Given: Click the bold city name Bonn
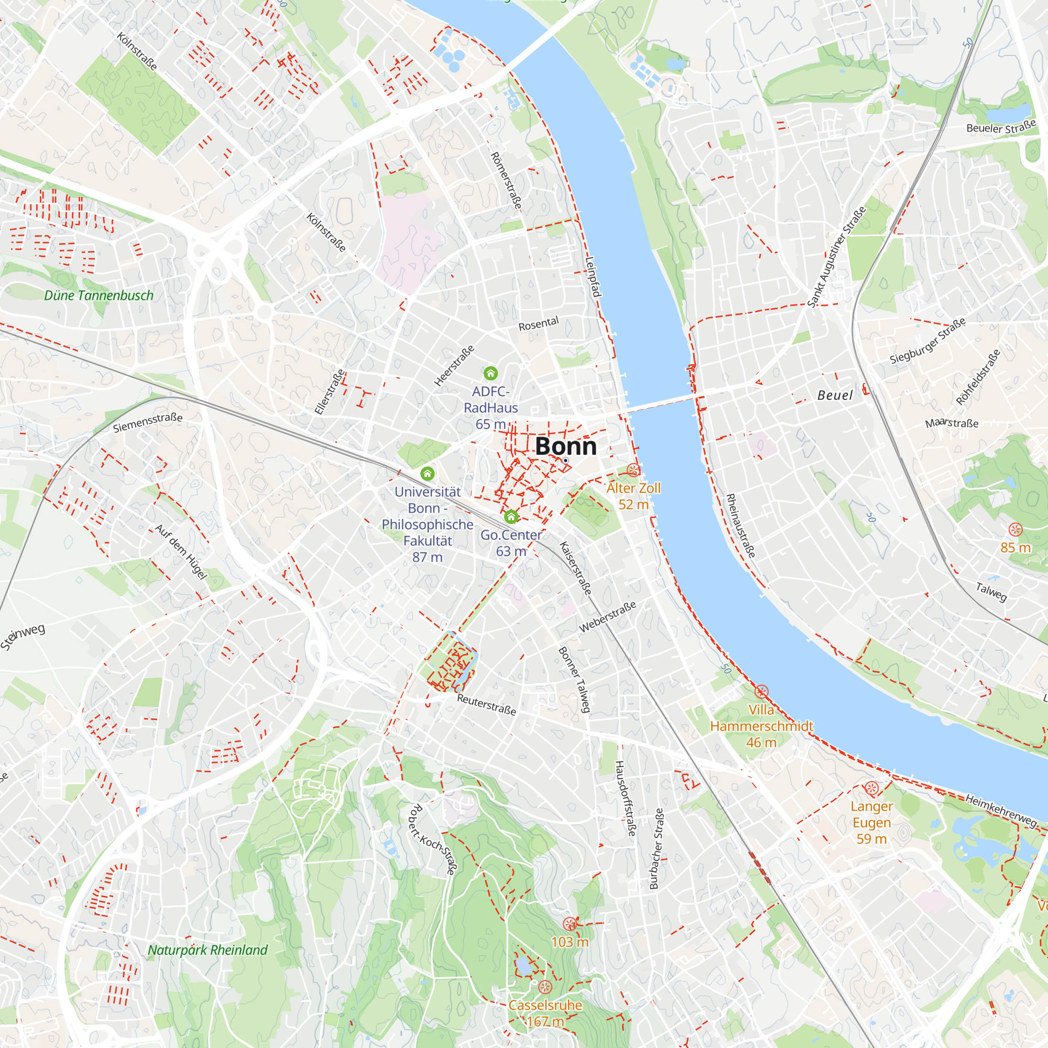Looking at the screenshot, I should pyautogui.click(x=566, y=446).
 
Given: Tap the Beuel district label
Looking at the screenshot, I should pyautogui.click(x=835, y=396).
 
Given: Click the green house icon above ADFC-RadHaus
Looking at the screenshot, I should pyautogui.click(x=490, y=373).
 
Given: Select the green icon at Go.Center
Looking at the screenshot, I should pyautogui.click(x=510, y=517).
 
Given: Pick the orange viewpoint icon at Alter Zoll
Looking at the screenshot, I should pyautogui.click(x=633, y=470).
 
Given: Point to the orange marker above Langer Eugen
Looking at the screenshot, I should pyautogui.click(x=871, y=788).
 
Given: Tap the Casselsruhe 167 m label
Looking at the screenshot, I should pyautogui.click(x=545, y=1013).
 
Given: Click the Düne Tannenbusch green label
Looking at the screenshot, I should pyautogui.click(x=99, y=296).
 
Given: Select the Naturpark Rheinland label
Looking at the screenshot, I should pyautogui.click(x=208, y=950).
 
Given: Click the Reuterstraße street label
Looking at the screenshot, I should pyautogui.click(x=486, y=705).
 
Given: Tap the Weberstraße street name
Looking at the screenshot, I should pyautogui.click(x=607, y=617).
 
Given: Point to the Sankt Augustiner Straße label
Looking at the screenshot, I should pyautogui.click(x=836, y=257).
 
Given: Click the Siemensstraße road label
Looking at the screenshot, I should pyautogui.click(x=148, y=422).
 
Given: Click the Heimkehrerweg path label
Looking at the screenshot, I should pyautogui.click(x=1001, y=811).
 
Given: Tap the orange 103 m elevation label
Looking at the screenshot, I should pyautogui.click(x=570, y=942).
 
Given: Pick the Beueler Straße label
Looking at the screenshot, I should pyautogui.click(x=1001, y=127).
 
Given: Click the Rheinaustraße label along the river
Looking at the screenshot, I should pyautogui.click(x=740, y=526).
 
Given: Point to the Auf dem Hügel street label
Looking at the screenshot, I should pyautogui.click(x=181, y=552).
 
